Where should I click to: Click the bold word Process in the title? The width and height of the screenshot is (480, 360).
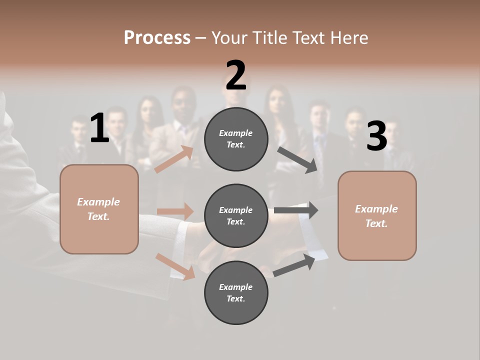pyautogui.click(x=157, y=37)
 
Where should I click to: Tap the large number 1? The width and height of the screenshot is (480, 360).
pyautogui.click(x=99, y=128)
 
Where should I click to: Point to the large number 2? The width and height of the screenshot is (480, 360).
pyautogui.click(x=236, y=75)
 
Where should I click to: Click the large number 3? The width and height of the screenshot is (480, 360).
pyautogui.click(x=376, y=136)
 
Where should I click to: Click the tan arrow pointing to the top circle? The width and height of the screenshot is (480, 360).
pyautogui.click(x=174, y=159)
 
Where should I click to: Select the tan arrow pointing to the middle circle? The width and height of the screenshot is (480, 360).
pyautogui.click(x=175, y=211)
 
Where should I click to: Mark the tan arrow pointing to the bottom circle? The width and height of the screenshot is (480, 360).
pyautogui.click(x=175, y=266)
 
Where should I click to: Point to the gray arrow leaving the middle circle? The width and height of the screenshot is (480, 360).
pyautogui.click(x=296, y=210)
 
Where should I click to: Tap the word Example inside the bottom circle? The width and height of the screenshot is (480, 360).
pyautogui.click(x=236, y=287)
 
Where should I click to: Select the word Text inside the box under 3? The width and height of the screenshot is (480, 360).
pyautogui.click(x=376, y=223)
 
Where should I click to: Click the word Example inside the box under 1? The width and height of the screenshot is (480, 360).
pyautogui.click(x=98, y=202)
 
